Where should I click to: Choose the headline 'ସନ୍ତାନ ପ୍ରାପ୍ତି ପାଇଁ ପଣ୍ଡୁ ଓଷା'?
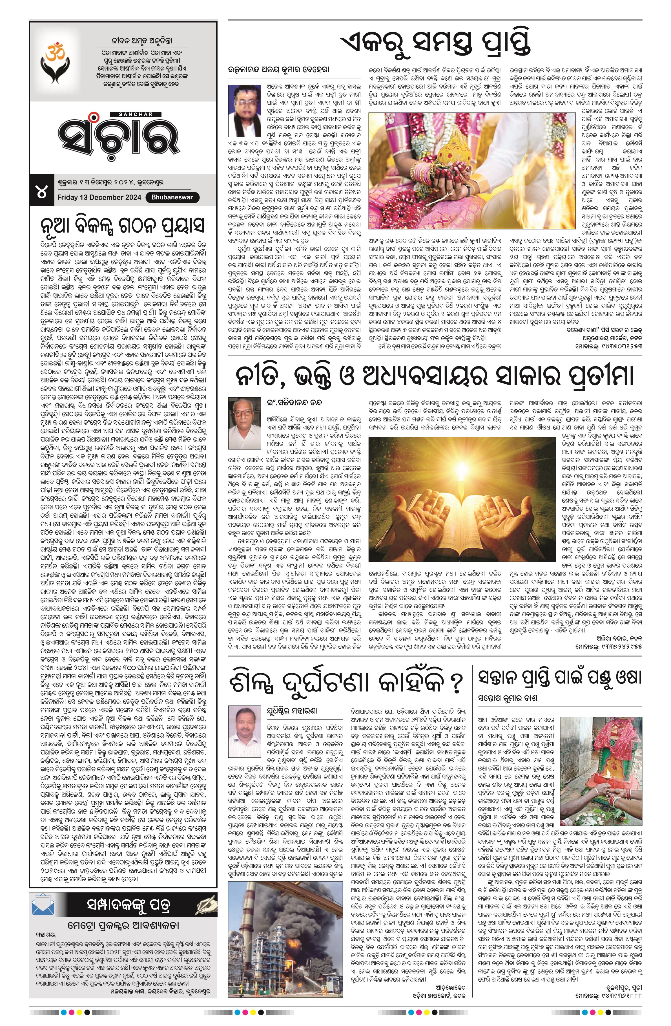tap(560, 677)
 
